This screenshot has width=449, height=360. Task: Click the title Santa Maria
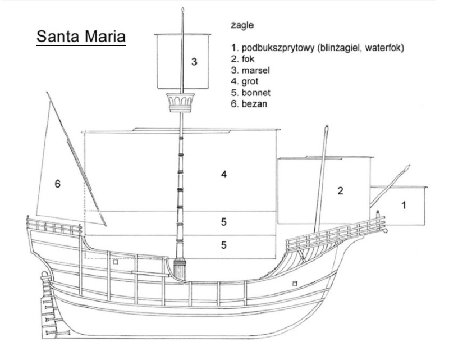81,37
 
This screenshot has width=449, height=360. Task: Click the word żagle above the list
242,25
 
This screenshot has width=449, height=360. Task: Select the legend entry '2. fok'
242,59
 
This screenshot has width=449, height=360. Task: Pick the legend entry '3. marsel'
250,70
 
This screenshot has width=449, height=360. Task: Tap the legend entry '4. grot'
245,81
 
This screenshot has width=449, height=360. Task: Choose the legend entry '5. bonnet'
250,93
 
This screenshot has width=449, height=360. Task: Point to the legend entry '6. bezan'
249,104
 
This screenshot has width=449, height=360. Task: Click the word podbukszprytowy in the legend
278,48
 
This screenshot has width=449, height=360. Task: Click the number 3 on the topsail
194,62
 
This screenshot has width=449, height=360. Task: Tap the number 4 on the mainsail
224,174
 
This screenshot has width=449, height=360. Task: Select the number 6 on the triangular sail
58,184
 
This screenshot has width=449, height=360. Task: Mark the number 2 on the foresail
340,190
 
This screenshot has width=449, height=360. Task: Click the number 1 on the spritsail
404,205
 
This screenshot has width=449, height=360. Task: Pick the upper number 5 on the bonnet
223,222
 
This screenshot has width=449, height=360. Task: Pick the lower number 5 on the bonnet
223,245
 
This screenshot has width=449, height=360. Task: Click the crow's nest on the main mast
181,102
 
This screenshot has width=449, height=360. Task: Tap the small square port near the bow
295,284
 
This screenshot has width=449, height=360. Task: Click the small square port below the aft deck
116,262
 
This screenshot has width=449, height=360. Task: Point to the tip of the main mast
183,8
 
